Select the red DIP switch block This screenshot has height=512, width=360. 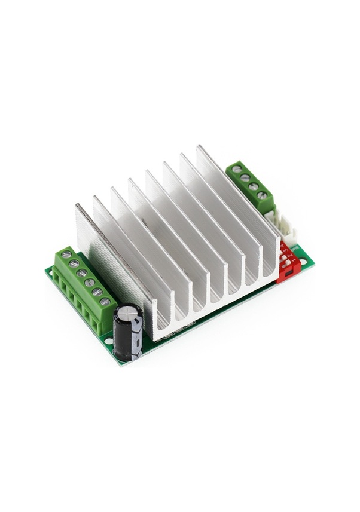click(289, 262)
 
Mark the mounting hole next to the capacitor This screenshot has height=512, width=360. click(108, 341)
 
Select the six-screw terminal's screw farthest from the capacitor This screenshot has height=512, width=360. click(66, 255)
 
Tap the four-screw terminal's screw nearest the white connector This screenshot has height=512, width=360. click(262, 195)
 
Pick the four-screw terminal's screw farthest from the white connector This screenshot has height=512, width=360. click(237, 169)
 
